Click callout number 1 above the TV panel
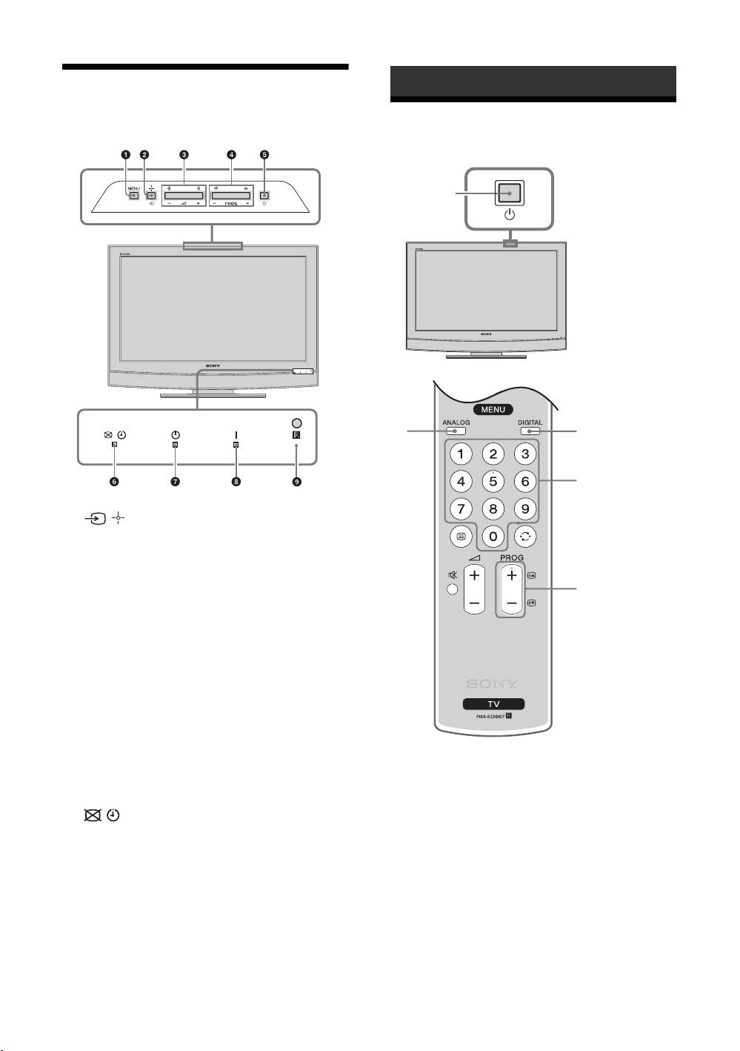click(x=126, y=155)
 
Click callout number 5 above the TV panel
click(x=265, y=155)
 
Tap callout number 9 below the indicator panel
click(x=297, y=482)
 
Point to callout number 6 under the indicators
click(x=114, y=482)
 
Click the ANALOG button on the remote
click(x=456, y=430)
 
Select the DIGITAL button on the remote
click(x=530, y=430)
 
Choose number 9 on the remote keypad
click(x=525, y=509)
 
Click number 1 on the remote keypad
click(x=461, y=454)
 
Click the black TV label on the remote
click(x=493, y=703)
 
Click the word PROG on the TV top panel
click(x=231, y=202)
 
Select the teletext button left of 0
click(x=461, y=536)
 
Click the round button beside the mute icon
click(x=452, y=591)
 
